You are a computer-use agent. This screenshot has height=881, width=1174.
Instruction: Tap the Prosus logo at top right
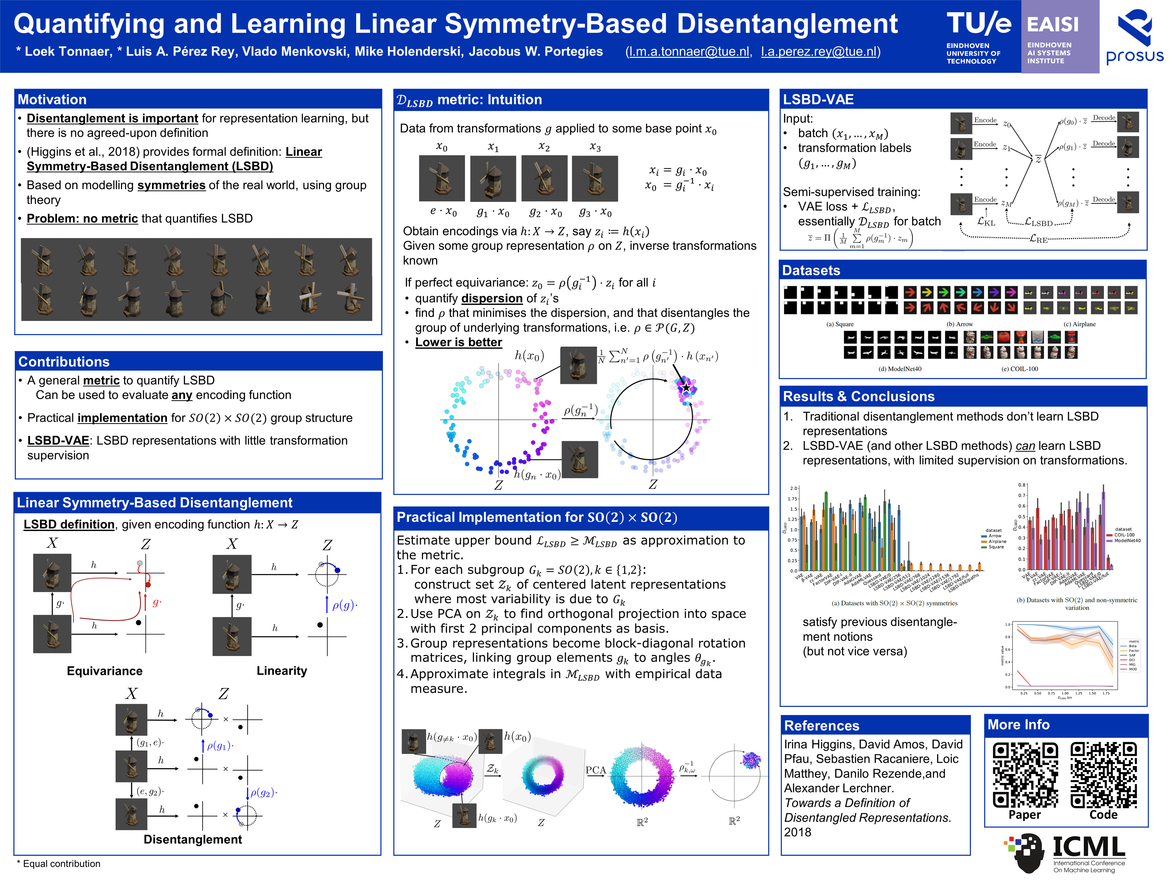pos(1135,36)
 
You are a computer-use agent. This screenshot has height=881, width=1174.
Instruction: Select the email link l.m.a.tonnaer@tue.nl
pos(689,51)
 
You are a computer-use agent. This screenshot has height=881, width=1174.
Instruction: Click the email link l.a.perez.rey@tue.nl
pos(819,51)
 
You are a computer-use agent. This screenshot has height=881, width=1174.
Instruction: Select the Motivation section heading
pos(52,99)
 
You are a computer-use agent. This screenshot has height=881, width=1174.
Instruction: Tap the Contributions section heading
pos(64,362)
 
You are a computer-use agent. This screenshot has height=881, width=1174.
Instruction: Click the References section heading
pos(821,725)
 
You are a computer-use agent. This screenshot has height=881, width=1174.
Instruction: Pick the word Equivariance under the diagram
pos(105,671)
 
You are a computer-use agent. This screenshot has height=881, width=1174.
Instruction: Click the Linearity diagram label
pos(282,671)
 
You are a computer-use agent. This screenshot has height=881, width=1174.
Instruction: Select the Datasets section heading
pos(811,270)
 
